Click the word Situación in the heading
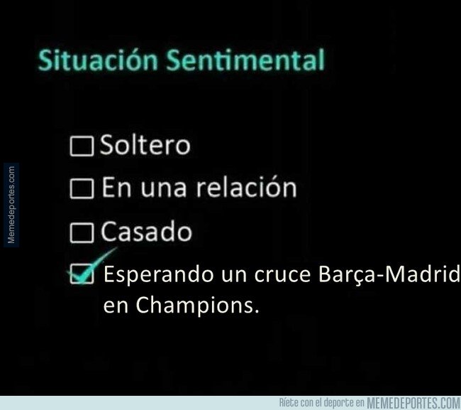98,60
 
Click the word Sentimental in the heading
245,60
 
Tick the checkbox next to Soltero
82,146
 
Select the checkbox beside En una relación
82,188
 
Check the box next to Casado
82,232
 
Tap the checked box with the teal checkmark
82,274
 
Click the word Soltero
145,145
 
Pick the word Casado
146,231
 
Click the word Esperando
159,274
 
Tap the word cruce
282,274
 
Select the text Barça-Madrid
389,274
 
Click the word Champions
197,306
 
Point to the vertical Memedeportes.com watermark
11,205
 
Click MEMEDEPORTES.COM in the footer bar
413,403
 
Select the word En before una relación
116,188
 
